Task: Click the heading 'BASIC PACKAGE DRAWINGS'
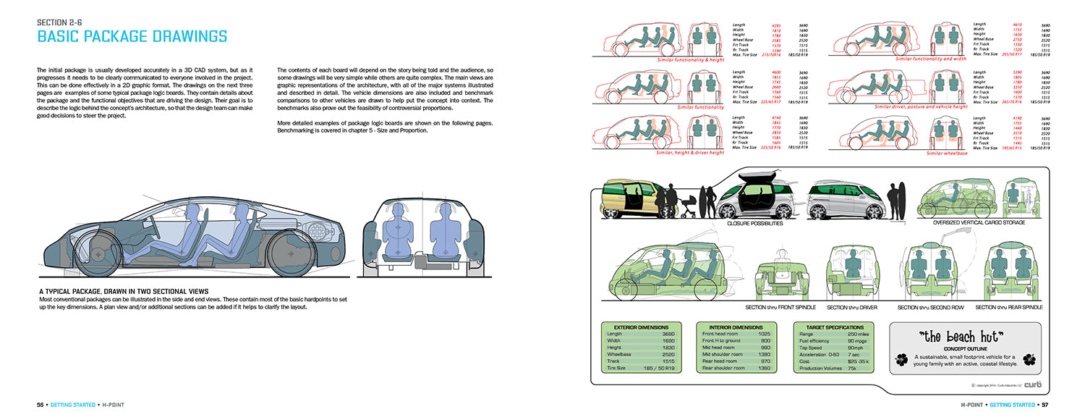click(x=132, y=36)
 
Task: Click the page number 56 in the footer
click(x=41, y=403)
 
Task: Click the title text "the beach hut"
click(x=964, y=337)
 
